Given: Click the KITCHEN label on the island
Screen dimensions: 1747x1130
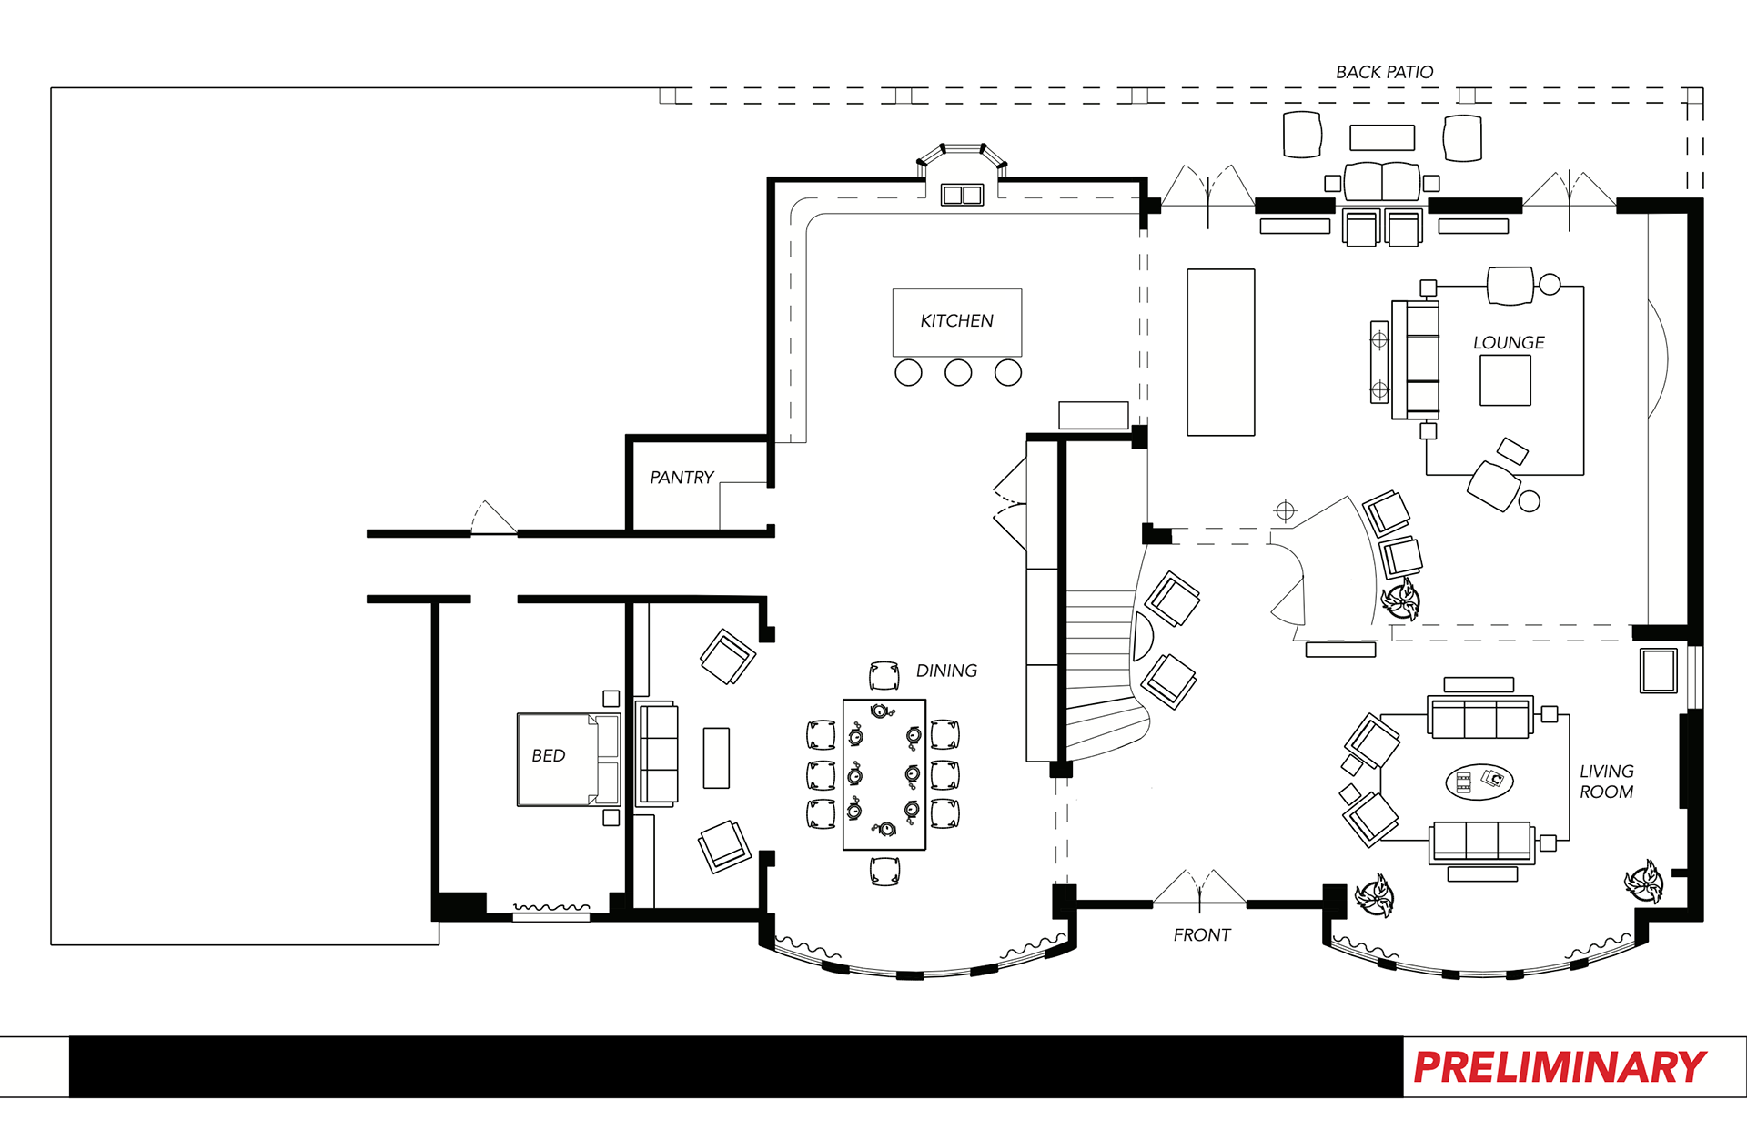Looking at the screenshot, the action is [x=956, y=321].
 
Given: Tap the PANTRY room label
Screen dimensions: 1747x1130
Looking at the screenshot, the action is [x=682, y=478].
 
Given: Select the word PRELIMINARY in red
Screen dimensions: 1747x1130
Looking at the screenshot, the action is [x=1560, y=1067].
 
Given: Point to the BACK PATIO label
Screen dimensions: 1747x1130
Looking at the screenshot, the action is [x=1384, y=72].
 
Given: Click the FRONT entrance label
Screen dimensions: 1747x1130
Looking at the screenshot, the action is [x=1201, y=935].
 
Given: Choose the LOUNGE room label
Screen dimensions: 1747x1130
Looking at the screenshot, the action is [x=1509, y=343].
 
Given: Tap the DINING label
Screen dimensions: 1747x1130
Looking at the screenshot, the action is [x=946, y=671].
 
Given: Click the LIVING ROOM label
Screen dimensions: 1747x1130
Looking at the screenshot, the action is [x=1606, y=782].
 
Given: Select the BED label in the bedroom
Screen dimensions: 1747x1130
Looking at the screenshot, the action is [x=548, y=756].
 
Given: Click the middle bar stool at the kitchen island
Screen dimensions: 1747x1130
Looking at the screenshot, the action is [x=958, y=372].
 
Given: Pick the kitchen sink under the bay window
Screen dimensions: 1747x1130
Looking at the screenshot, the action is [x=962, y=195].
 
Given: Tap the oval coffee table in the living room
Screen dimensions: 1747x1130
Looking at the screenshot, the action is [x=1479, y=782].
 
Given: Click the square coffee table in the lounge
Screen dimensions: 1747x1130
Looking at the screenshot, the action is [x=1505, y=380].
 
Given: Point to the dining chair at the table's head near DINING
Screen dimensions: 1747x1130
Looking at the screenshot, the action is [x=884, y=676].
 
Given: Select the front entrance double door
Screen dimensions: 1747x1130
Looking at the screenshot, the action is [x=1199, y=890].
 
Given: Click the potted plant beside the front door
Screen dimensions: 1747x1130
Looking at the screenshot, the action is [x=1374, y=895].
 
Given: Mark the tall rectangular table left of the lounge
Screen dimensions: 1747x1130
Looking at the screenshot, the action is [x=1221, y=352].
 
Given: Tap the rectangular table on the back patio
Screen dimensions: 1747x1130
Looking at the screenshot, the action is [x=1382, y=137].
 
